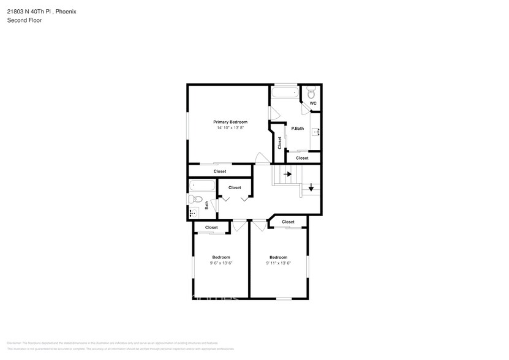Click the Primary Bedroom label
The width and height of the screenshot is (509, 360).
[230, 122]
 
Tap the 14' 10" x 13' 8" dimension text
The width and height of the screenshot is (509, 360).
[230, 128]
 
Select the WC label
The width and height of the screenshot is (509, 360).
[312, 103]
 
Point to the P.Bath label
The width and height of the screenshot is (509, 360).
[298, 128]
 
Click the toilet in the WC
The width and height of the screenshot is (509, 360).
[312, 92]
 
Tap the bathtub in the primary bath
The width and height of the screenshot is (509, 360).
[285, 93]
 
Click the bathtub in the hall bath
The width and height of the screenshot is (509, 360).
[202, 185]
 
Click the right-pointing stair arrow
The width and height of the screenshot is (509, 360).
[287, 174]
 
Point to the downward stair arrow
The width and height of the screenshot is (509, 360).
[311, 187]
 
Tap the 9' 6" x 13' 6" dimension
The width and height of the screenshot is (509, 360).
[221, 263]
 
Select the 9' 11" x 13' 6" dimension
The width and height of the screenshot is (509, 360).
[278, 263]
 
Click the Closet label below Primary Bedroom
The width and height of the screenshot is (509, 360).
[220, 171]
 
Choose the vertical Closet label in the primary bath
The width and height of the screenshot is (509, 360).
[280, 143]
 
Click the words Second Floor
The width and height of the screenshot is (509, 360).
[24, 20]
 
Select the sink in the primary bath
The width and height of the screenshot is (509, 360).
[317, 132]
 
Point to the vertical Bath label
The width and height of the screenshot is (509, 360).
[207, 205]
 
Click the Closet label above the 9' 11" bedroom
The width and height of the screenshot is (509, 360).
[288, 222]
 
